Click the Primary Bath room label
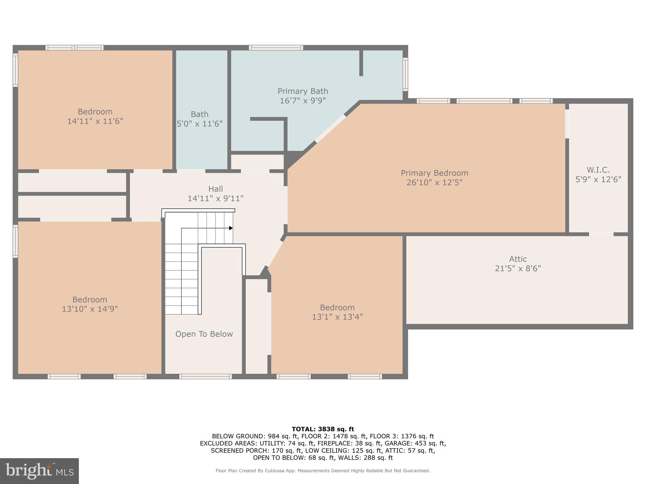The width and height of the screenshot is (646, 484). click(x=302, y=91)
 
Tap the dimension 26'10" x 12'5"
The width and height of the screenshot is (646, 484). click(x=434, y=182)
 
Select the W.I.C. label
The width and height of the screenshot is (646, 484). click(x=598, y=170)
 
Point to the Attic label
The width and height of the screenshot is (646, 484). click(x=518, y=259)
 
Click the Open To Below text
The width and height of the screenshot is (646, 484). click(x=204, y=334)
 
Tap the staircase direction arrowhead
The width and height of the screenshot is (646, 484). click(x=231, y=228)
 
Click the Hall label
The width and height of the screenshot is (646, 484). click(x=215, y=189)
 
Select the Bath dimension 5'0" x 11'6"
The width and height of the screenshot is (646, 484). click(x=200, y=124)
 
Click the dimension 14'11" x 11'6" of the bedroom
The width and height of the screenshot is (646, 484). click(x=95, y=121)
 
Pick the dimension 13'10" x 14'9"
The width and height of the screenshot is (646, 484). click(x=90, y=309)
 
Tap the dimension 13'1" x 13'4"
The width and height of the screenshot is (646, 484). click(x=337, y=317)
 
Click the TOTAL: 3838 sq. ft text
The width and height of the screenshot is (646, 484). click(x=323, y=429)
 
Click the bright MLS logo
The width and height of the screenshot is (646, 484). click(x=39, y=471)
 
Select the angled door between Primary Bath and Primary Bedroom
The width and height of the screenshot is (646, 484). click(x=330, y=129)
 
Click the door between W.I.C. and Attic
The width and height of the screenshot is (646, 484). click(x=601, y=234)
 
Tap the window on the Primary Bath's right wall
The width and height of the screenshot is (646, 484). click(x=405, y=74)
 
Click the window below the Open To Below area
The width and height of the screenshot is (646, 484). click(x=205, y=377)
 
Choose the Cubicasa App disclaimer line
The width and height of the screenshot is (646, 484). click(x=323, y=471)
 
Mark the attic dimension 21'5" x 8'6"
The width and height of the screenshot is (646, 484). click(x=518, y=268)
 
